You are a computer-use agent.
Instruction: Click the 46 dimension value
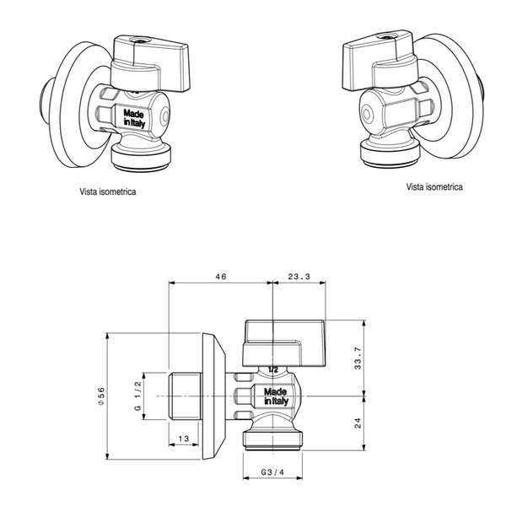(222, 276)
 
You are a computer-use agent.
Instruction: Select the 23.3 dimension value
(299, 276)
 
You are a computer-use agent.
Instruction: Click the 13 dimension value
(184, 438)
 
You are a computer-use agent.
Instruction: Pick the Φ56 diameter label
(100, 395)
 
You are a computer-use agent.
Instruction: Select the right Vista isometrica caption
(433, 186)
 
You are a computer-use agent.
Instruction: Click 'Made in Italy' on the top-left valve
(134, 116)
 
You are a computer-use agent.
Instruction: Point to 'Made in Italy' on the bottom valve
(275, 396)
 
